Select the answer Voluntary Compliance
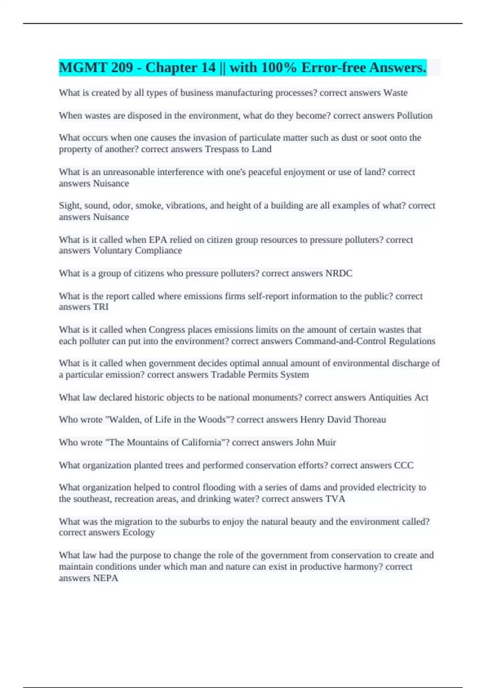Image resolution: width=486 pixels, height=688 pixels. click(x=137, y=251)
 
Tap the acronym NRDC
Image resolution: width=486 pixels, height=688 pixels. click(x=339, y=274)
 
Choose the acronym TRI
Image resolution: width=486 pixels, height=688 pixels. click(x=101, y=307)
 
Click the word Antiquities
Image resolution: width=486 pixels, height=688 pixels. click(x=390, y=398)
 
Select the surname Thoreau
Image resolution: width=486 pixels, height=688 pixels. click(x=369, y=420)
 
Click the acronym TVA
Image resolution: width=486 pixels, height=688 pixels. click(x=335, y=499)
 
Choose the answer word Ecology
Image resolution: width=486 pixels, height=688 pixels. click(x=139, y=533)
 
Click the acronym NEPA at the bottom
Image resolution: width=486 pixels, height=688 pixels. click(x=105, y=578)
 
